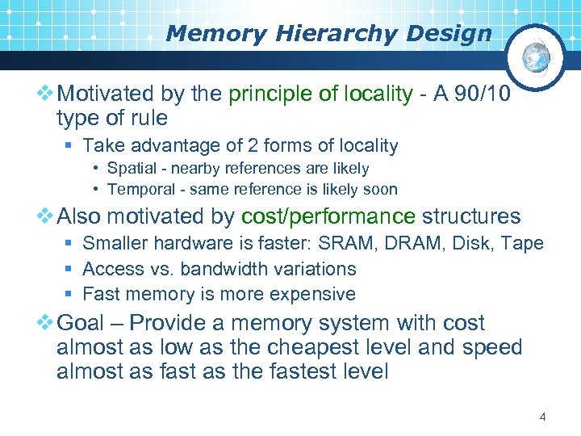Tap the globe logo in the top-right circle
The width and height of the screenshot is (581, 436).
pyautogui.click(x=536, y=57)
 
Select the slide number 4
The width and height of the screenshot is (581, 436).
pyautogui.click(x=542, y=417)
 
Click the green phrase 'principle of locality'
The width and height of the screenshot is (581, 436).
pyautogui.click(x=320, y=94)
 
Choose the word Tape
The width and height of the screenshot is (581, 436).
pyautogui.click(x=525, y=243)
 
